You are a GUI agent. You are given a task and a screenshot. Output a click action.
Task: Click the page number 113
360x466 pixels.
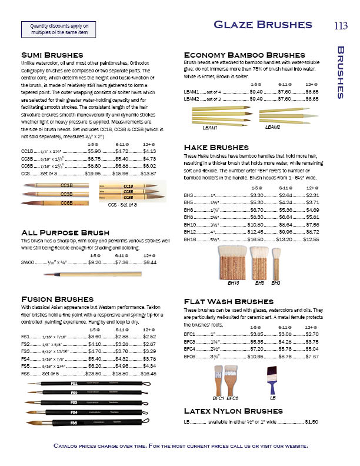(x=341, y=25)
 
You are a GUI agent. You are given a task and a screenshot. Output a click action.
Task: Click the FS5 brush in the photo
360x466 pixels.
(x=88, y=422)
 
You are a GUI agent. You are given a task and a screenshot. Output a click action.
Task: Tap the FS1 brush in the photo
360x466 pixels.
(x=88, y=384)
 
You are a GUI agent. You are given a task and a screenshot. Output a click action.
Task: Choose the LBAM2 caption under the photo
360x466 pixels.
(x=273, y=127)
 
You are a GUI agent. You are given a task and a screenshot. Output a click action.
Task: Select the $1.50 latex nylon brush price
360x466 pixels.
(x=312, y=421)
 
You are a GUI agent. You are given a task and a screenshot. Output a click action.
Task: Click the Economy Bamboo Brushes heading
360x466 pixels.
(x=244, y=55)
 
